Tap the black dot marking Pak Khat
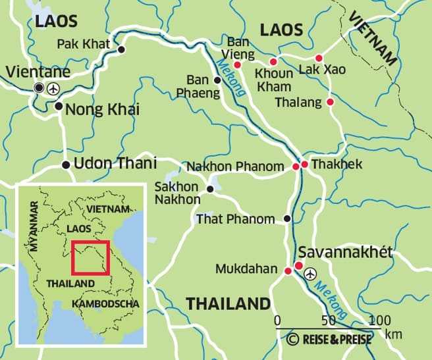tap(121, 49)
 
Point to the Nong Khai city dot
tap(59, 106)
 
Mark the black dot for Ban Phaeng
tap(217, 80)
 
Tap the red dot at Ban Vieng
tap(238, 65)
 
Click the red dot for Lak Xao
tap(319, 58)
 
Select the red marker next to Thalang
tap(330, 102)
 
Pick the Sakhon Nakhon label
tap(177, 193)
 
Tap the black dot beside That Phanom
tap(286, 219)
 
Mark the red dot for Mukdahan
tap(288, 271)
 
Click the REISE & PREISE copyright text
tap(329, 340)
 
